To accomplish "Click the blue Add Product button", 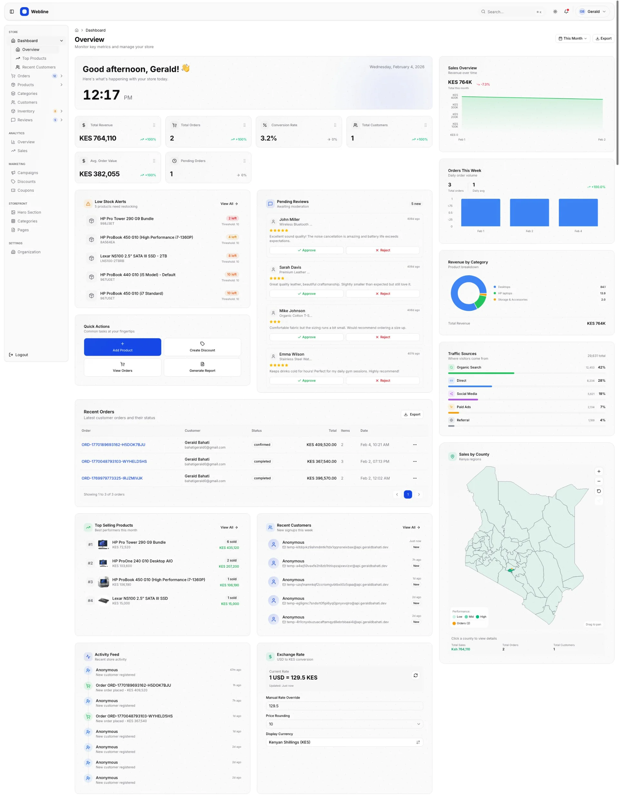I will [x=122, y=347].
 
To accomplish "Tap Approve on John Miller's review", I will [x=306, y=250].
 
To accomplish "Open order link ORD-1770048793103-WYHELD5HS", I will [x=114, y=461].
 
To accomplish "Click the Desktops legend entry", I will [x=504, y=287].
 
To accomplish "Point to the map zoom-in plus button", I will [x=599, y=471].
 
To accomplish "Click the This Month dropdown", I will [x=572, y=38].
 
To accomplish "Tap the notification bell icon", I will [x=566, y=12].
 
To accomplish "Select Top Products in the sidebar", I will [x=34, y=58].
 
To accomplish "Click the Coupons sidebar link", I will [x=25, y=190].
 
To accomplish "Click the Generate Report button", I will [x=202, y=367].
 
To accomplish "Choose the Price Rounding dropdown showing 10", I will [x=344, y=724].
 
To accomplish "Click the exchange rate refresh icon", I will [x=415, y=675].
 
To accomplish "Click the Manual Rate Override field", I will [x=344, y=706].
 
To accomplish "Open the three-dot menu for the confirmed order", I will [x=415, y=445].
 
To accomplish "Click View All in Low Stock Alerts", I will [x=229, y=204].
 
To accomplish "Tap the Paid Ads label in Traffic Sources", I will [x=464, y=407].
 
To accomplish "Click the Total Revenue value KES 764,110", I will [x=98, y=138].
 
